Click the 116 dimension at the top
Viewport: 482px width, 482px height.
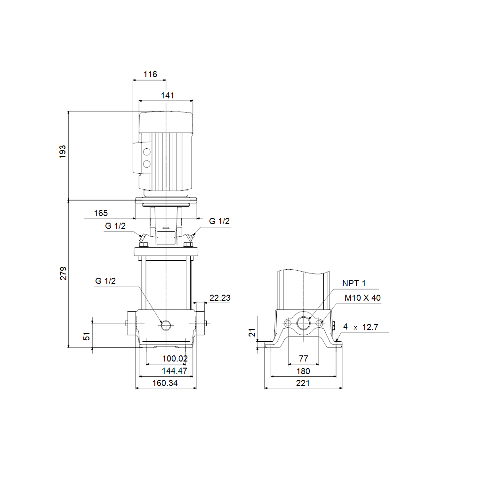[x=150, y=74]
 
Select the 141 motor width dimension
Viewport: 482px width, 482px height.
[x=167, y=96]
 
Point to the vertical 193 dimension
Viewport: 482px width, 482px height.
[x=63, y=152]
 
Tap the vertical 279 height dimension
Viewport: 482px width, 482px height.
[x=63, y=273]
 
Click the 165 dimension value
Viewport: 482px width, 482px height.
[x=101, y=213]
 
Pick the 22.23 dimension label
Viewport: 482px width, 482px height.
[x=220, y=298]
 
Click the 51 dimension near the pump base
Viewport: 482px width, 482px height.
[x=87, y=336]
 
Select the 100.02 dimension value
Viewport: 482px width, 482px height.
[x=175, y=358]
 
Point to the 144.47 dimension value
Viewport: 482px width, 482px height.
[x=174, y=371]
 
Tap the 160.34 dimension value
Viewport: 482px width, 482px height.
[x=165, y=383]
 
